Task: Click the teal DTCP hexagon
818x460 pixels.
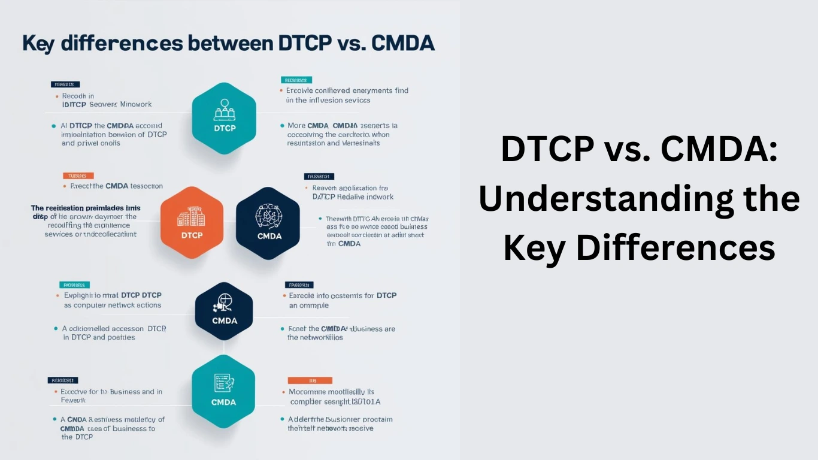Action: [x=224, y=118]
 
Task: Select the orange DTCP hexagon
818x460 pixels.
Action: [x=192, y=223]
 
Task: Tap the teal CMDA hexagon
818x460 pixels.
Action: [x=223, y=391]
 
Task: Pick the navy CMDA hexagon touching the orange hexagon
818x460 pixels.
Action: [x=267, y=223]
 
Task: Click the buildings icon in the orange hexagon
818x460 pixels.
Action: [x=192, y=216]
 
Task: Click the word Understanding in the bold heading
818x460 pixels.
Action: [x=640, y=199]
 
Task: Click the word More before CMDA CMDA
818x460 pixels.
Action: [x=296, y=126]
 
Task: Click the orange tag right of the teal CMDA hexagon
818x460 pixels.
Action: [x=310, y=380]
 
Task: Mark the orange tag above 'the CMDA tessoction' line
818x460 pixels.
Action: [x=78, y=176]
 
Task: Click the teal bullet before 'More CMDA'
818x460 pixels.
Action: [x=282, y=126]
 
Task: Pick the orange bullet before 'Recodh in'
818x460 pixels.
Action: [x=56, y=96]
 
